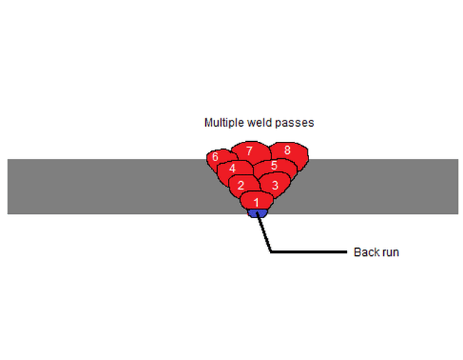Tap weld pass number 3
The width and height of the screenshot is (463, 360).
[x=274, y=184]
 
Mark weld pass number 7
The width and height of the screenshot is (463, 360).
[x=249, y=151]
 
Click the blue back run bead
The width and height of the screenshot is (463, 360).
[x=256, y=212]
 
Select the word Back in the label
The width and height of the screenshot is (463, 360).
[x=365, y=252]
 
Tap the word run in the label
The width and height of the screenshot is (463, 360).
[x=389, y=252]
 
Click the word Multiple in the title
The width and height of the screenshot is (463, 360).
[x=224, y=123]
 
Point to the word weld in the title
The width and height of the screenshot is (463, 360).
[x=259, y=123]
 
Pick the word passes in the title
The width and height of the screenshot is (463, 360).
[x=296, y=123]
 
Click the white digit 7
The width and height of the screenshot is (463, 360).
[x=249, y=150]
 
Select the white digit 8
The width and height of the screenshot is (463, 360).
[x=288, y=150]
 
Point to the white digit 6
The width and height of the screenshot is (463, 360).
[x=215, y=157]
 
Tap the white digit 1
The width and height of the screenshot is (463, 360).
[x=256, y=202]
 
